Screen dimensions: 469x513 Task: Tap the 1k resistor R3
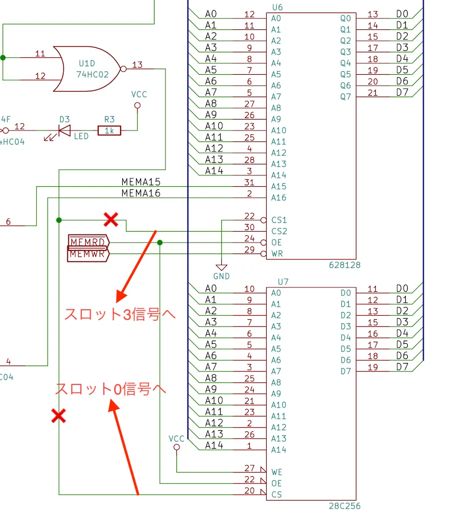tap(109, 130)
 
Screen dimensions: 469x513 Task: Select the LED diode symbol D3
tap(64, 131)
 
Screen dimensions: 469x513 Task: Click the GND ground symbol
tap(221, 267)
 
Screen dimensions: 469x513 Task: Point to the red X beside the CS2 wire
tap(111, 220)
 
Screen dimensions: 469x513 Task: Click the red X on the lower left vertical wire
tap(59, 416)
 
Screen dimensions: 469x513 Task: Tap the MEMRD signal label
tap(88, 242)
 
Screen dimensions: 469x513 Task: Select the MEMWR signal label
tap(88, 254)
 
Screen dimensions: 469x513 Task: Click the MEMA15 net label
tap(141, 182)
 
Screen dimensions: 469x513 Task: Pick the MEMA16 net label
tap(141, 193)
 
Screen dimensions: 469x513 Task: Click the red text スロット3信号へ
tap(120, 314)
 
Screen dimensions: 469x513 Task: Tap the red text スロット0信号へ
tap(111, 388)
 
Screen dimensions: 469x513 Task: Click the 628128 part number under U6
tap(344, 265)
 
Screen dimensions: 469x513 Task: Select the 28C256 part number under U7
tap(344, 506)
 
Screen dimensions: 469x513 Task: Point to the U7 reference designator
tap(283, 282)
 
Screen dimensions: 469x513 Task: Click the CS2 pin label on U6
tap(279, 231)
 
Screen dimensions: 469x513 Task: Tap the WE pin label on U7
tap(277, 472)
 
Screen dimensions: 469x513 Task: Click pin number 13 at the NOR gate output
tap(137, 65)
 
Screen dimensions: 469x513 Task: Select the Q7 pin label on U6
tap(345, 97)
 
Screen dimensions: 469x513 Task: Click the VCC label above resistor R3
tap(139, 95)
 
